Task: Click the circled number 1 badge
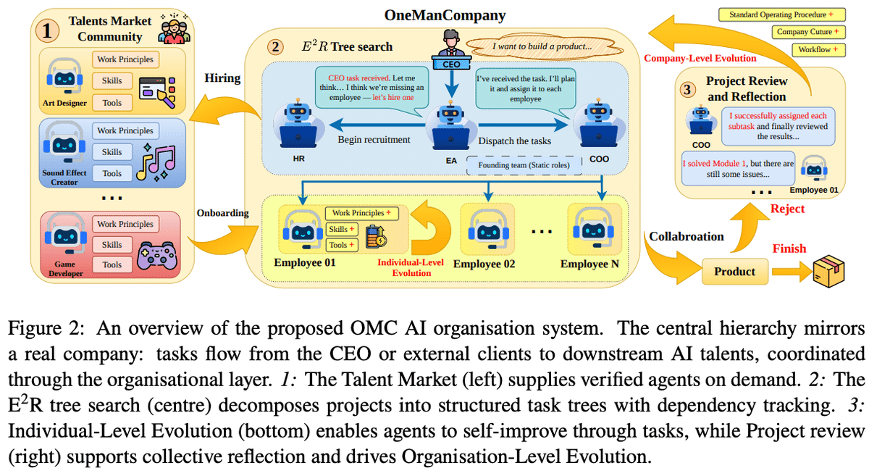coord(47,31)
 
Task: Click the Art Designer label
coord(64,103)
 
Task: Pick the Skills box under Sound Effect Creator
coord(112,152)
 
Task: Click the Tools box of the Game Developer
coord(112,264)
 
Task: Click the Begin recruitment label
coord(374,140)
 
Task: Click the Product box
coord(734,272)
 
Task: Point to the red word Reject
coord(786,209)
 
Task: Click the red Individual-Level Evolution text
coord(411,267)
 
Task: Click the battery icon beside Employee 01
coord(376,236)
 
